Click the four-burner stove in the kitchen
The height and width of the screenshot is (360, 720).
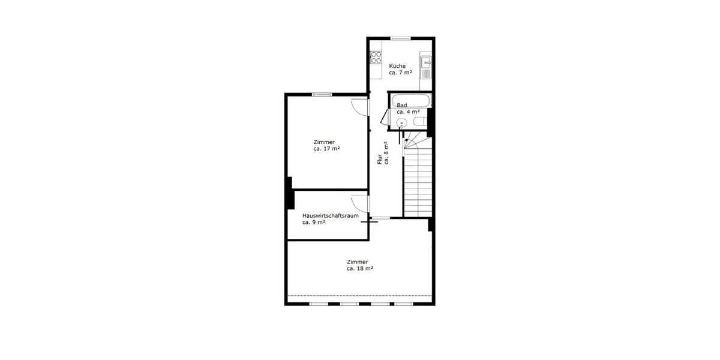(377, 58)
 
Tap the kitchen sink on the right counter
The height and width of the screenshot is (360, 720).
(425, 61)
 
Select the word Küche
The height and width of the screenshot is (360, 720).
(397, 66)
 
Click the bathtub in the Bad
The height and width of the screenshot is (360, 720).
(410, 100)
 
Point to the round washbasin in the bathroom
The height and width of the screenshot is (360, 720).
(401, 123)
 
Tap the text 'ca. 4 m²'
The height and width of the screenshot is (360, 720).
(408, 112)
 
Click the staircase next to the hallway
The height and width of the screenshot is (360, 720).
(418, 180)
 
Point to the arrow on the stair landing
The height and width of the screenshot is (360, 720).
(407, 142)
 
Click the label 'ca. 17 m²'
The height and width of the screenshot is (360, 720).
(327, 148)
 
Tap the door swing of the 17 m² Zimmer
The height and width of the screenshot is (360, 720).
(359, 106)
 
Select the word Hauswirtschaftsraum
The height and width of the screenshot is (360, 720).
(331, 215)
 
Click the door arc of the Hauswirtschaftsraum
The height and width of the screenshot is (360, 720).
(359, 203)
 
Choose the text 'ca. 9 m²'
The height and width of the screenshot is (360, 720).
(314, 222)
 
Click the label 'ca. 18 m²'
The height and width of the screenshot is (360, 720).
(360, 269)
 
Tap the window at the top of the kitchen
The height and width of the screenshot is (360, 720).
(400, 38)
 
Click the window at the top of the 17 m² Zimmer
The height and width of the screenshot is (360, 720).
(322, 94)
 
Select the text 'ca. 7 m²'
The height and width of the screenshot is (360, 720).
(400, 73)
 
